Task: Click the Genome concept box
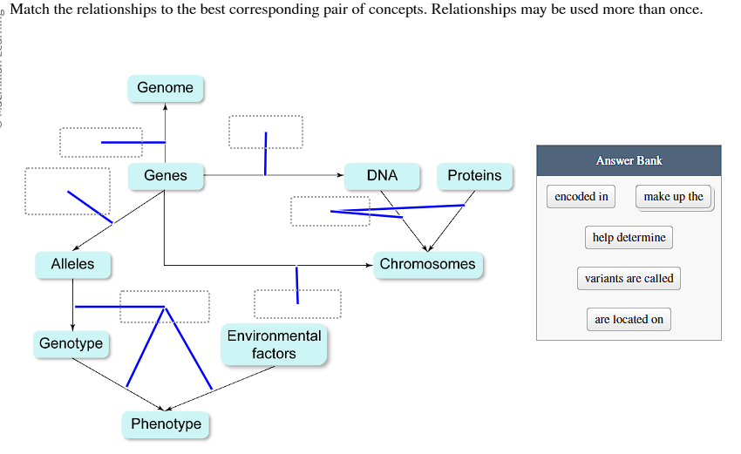click(166, 88)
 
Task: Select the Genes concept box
click(166, 176)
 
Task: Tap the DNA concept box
click(382, 176)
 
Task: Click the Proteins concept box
click(474, 176)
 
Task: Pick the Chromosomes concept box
click(427, 264)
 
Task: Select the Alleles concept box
click(72, 264)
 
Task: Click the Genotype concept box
click(71, 343)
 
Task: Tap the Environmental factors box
click(274, 345)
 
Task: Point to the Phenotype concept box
click(166, 424)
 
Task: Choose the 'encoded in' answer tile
click(581, 197)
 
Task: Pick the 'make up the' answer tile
click(673, 197)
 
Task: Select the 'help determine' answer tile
click(629, 237)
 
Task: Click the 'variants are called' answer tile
click(629, 279)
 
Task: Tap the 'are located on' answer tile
click(629, 320)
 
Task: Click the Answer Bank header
click(629, 160)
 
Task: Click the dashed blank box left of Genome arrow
click(100, 142)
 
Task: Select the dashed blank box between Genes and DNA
click(266, 132)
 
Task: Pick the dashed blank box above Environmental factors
click(297, 304)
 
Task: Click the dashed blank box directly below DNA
click(330, 211)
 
